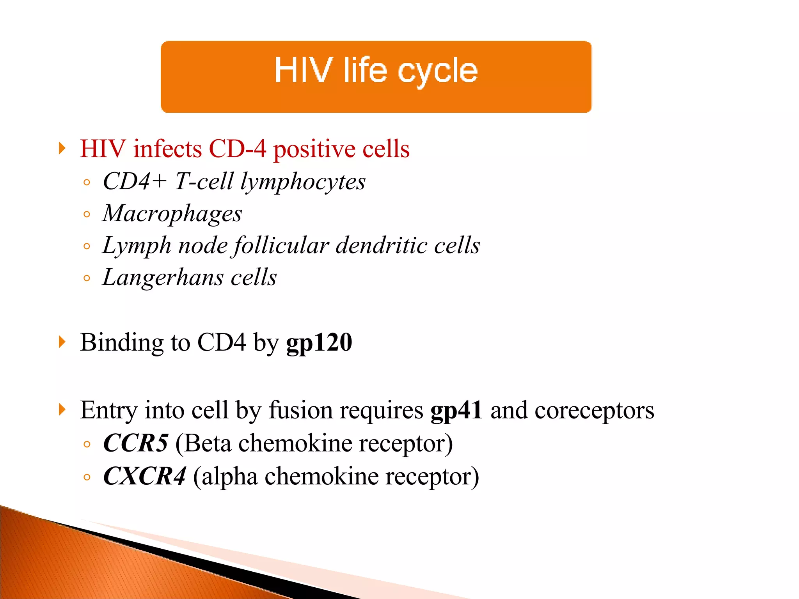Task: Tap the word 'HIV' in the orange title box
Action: tap(304, 70)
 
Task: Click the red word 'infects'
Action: tap(167, 149)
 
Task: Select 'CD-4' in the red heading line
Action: tap(237, 149)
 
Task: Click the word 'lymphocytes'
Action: tap(303, 182)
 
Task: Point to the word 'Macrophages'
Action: tap(172, 214)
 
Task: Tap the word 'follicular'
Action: tap(281, 246)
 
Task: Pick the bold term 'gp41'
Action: tap(456, 410)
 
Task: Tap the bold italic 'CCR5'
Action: tap(135, 443)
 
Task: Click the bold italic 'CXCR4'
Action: tap(144, 477)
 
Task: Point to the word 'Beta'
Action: tap(208, 443)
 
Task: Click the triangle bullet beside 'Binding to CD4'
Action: tap(62, 342)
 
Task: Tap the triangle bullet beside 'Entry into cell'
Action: tap(62, 409)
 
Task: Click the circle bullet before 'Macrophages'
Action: tap(87, 214)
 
